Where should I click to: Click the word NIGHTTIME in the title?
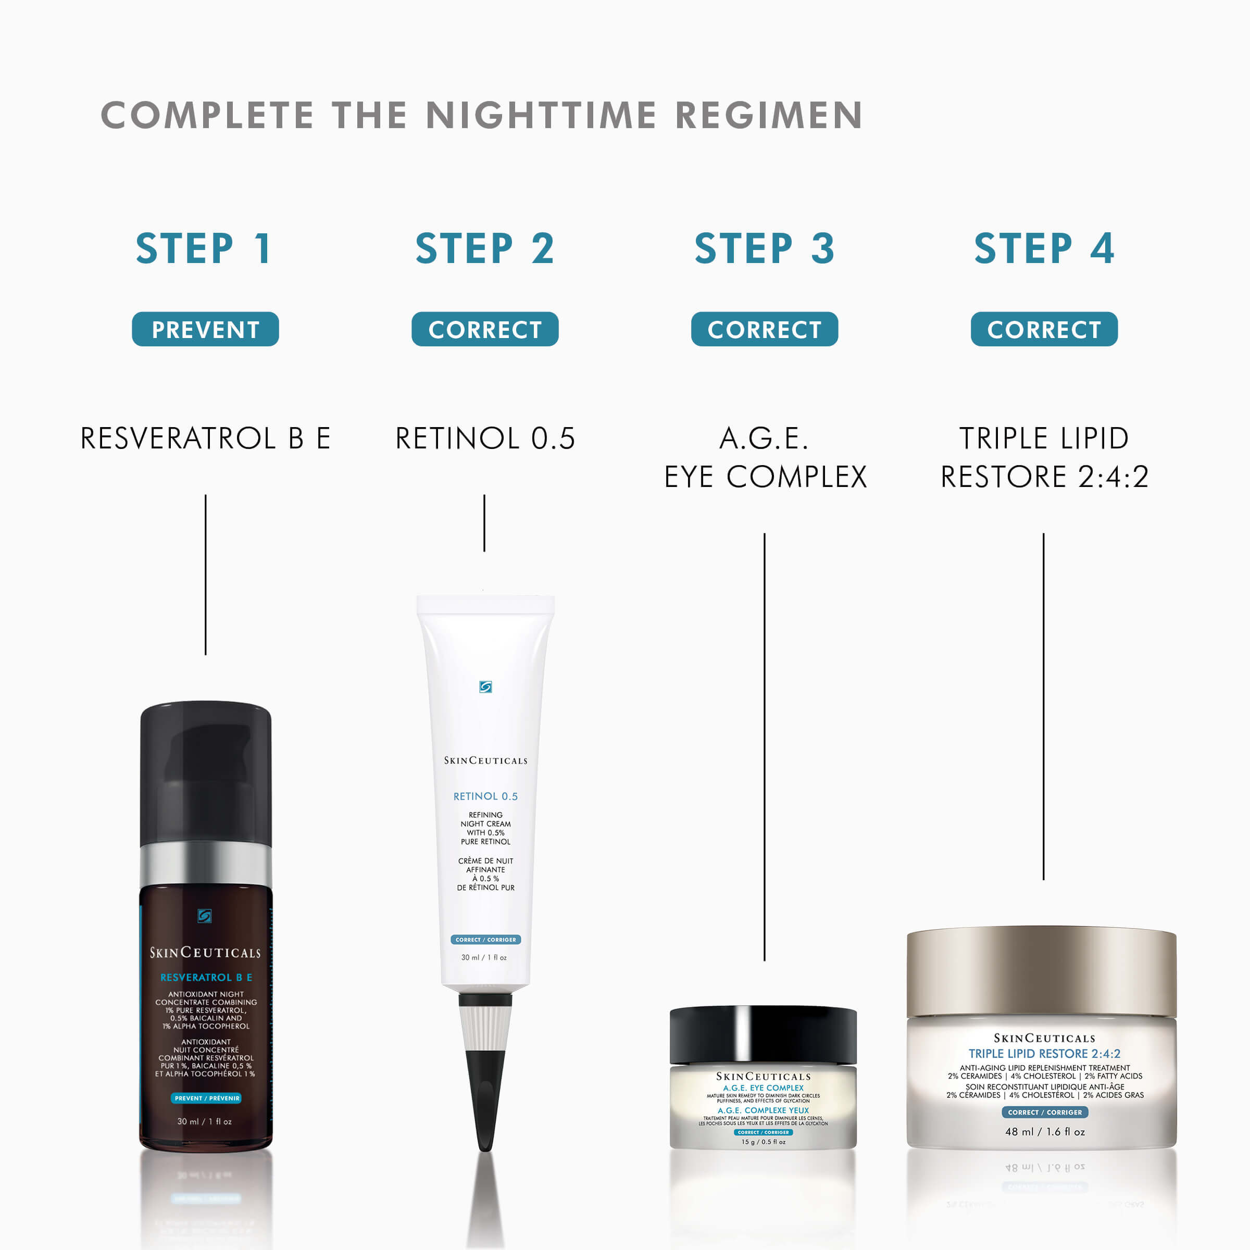pos(541,115)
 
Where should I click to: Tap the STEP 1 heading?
pos(205,249)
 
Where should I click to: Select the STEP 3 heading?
pos(764,249)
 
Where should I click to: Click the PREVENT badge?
pos(205,329)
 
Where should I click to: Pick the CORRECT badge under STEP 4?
pos(1044,329)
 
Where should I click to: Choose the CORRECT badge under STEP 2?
pos(484,329)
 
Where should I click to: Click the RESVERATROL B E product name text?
pos(205,438)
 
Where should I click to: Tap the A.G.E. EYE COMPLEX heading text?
pos(765,457)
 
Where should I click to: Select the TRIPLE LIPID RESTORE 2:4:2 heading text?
pos(1044,457)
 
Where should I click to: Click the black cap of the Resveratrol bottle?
pos(206,770)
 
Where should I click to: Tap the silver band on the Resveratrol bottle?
pos(206,864)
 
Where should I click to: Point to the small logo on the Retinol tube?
pos(485,686)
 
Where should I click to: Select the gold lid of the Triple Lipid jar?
pos(1041,970)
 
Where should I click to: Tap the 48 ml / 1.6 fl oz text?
pos(1044,1132)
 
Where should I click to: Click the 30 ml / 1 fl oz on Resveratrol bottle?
pos(205,1121)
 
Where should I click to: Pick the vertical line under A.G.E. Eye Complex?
pos(764,744)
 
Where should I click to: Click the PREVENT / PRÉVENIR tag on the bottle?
pos(206,1098)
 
